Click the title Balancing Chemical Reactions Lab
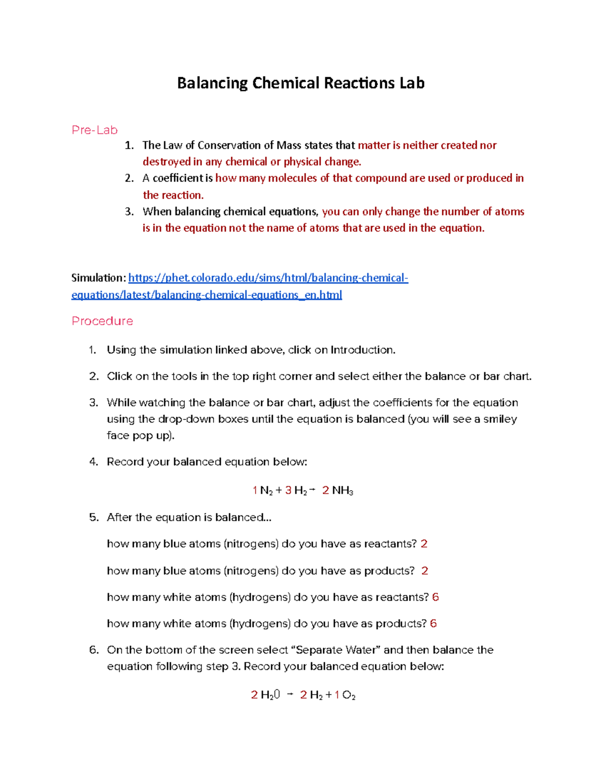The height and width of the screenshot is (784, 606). [300, 83]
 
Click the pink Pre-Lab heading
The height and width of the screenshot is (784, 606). [94, 130]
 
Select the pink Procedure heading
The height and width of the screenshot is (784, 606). [102, 321]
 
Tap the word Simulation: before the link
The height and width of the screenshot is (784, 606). [98, 278]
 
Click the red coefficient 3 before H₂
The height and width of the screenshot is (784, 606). [288, 490]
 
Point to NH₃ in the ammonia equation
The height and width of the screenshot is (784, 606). [342, 491]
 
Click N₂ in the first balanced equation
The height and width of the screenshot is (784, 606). [266, 491]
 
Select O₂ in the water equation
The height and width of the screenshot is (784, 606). [349, 695]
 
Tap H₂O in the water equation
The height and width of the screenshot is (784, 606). [270, 695]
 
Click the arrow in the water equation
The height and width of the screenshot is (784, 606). [290, 695]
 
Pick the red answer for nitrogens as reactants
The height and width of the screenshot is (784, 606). [424, 544]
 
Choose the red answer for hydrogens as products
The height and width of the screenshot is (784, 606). [433, 623]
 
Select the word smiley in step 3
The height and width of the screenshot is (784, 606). [500, 419]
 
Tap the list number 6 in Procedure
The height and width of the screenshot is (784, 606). [93, 650]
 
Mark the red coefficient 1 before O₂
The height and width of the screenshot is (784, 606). [337, 695]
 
